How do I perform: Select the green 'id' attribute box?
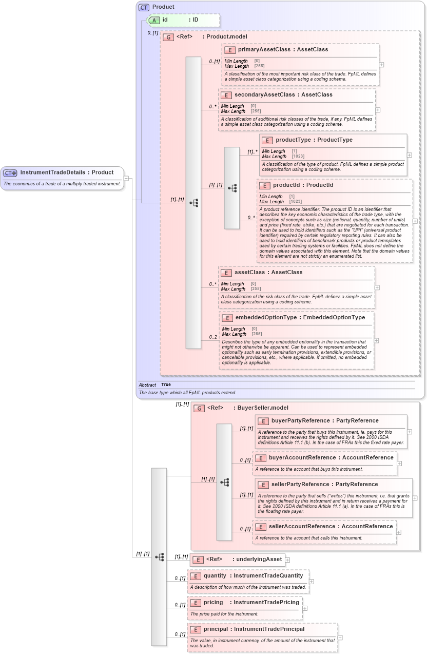point(183,20)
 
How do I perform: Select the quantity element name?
point(215,576)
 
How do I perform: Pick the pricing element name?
point(213,603)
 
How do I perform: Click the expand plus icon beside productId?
point(415,221)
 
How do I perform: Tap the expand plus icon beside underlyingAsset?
point(287,560)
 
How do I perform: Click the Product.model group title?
point(226,37)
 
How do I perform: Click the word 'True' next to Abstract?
point(166,384)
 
